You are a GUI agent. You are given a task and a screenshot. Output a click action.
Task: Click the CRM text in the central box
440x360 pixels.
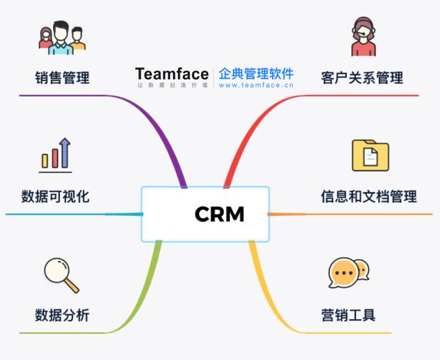coord(219,214)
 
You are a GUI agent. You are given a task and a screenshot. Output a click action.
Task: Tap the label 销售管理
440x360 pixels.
coord(62,78)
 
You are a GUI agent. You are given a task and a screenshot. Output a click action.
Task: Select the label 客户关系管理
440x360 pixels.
coord(362,78)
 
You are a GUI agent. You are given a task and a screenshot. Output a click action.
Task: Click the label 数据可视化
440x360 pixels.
coord(55,197)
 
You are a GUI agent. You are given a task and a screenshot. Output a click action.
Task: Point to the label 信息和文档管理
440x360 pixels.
coord(368,197)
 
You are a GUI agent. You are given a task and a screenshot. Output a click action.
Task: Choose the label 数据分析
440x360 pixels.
coord(62,315)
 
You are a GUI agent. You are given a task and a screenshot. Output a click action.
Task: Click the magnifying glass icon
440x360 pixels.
coord(61,276)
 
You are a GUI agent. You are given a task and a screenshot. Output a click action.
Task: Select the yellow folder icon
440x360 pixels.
coord(370,155)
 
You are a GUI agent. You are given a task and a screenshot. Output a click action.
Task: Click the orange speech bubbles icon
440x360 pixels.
coord(348,273)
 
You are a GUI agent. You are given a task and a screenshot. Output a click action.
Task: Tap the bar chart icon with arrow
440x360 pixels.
coord(56,155)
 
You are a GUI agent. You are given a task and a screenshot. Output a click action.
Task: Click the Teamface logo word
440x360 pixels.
coord(172,74)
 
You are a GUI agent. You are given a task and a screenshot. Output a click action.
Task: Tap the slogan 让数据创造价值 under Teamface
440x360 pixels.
coord(172,85)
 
